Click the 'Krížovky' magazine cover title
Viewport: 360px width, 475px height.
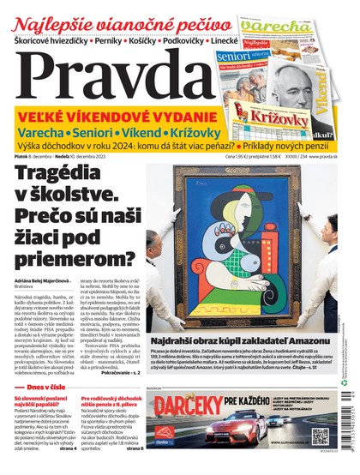point(273,111)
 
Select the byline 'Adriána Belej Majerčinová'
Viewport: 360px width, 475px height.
point(52,281)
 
